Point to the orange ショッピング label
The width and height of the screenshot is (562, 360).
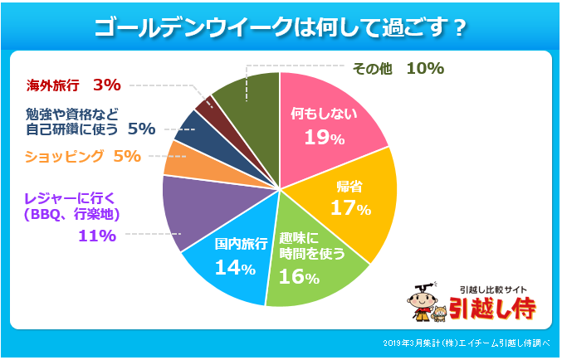[x=65, y=156]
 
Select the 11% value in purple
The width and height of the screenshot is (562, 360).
[x=96, y=236]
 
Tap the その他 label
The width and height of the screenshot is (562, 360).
[x=372, y=68]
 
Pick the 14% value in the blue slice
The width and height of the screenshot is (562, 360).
[x=234, y=267]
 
